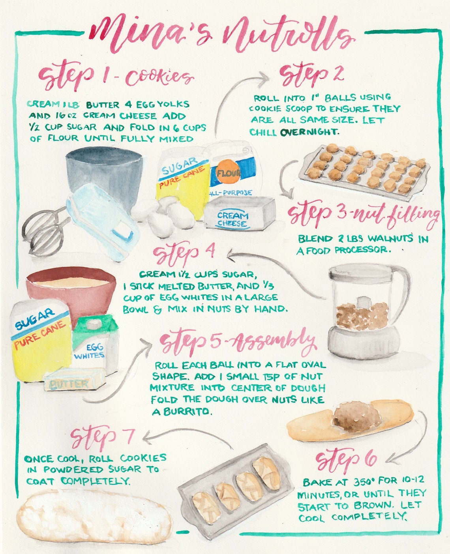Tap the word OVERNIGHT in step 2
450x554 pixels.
[309, 132]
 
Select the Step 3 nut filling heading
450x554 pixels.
[363, 215]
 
